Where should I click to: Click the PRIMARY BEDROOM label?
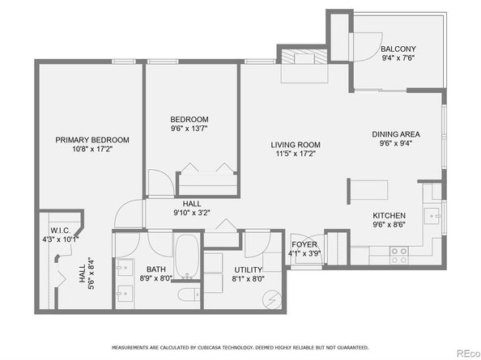pos(92,140)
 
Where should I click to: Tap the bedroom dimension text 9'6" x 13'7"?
pos(189,129)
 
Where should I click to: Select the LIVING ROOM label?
pos(296,145)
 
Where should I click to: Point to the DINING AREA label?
pos(396,134)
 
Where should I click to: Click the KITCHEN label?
pos(389,215)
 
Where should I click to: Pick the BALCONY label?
pos(398,49)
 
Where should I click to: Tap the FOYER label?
pos(304,244)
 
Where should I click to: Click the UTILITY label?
pos(248,270)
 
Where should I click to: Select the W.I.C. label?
pos(61,231)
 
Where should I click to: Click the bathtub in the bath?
pos(186,256)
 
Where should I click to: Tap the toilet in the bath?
pos(189,294)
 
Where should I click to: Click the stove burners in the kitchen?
pos(398,256)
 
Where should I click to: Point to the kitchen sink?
pos(432,216)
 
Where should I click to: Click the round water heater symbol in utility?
pos(272,299)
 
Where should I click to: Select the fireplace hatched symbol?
pos(304,57)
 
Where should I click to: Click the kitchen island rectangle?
pos(369,190)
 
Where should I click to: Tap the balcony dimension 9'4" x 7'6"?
pos(398,58)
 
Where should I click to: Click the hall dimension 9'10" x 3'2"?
pos(192,213)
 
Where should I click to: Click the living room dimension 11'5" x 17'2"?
pos(296,154)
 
